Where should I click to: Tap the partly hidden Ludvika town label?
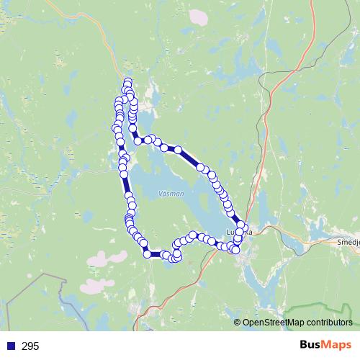pos(240,233)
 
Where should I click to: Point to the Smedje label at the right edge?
pos(348,243)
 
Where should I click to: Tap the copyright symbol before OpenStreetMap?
pos(238,323)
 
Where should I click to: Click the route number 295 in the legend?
pos(30,346)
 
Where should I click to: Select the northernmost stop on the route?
pos(128,82)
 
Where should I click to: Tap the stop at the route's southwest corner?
pos(148,253)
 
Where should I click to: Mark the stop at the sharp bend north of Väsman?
pos(138,140)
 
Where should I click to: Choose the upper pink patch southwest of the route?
pos(101,258)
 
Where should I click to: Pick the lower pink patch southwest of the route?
pos(94,284)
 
